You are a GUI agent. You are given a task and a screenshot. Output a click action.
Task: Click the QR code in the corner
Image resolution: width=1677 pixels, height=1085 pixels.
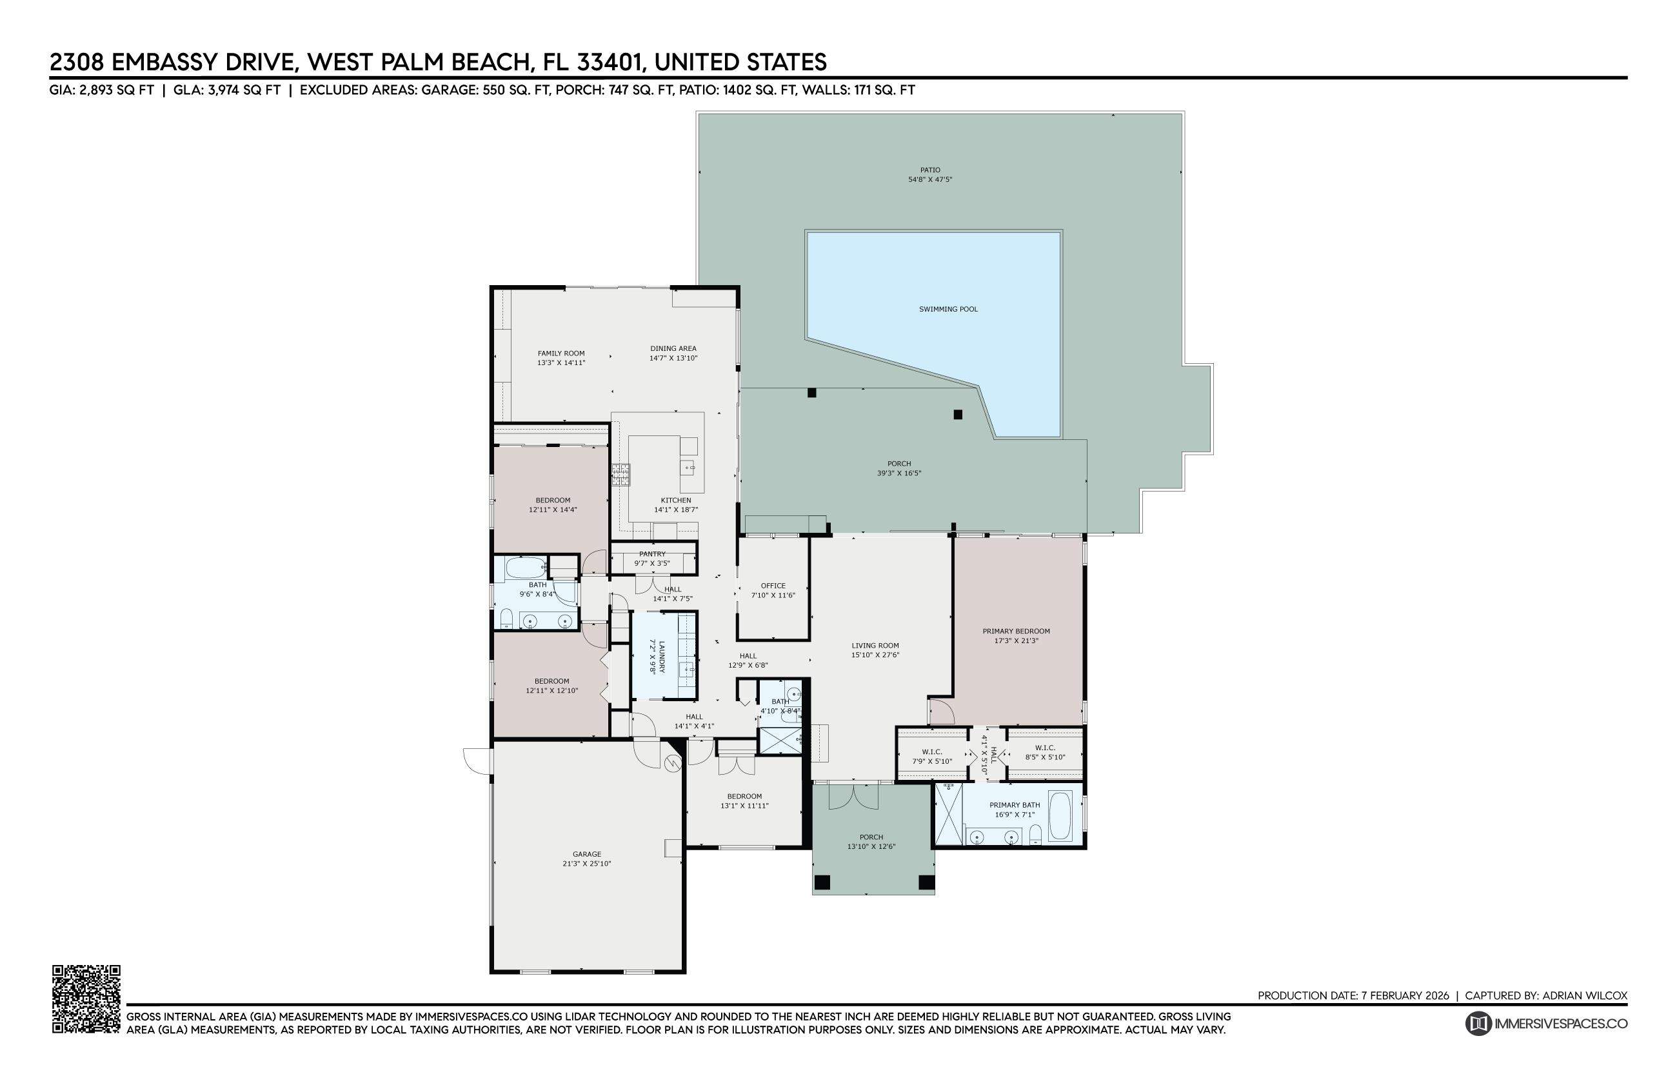tap(86, 999)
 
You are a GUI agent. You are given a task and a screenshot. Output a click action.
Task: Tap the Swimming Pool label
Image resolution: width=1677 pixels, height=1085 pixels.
tap(948, 309)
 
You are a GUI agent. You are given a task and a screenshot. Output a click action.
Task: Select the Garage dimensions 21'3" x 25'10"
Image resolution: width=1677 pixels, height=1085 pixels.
tap(586, 864)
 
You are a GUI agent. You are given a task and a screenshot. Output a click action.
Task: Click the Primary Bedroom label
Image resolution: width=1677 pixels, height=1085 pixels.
tap(1016, 632)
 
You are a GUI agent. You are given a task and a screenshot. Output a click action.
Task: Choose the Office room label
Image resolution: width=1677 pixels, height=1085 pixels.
tap(773, 586)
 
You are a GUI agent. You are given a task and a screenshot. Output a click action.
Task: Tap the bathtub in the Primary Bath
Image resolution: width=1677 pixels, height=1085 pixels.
tap(1059, 815)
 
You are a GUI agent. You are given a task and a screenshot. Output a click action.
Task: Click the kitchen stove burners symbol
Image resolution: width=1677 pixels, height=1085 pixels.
tap(620, 474)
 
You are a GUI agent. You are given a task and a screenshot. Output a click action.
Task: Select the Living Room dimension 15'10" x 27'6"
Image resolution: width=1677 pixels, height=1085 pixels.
tap(875, 655)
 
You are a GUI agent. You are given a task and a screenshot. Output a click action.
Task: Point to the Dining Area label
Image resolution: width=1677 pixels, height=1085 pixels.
tap(673, 348)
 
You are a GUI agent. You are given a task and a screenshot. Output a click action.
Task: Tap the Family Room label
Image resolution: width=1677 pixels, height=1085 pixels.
tap(561, 353)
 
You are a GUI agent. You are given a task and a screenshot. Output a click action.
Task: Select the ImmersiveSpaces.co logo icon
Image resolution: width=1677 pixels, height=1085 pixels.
tap(1478, 1023)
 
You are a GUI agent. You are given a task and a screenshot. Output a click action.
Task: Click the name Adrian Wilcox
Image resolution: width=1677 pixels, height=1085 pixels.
tap(1584, 995)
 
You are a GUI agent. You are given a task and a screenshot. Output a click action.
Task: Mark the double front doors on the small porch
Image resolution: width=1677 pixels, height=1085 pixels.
tap(853, 796)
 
